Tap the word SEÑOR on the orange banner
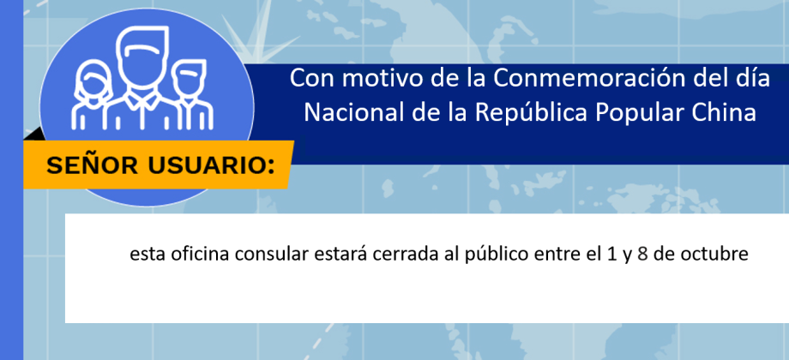[x=92, y=166]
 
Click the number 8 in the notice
[x=642, y=255]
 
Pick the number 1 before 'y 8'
[x=611, y=255]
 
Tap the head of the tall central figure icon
[x=142, y=57]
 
